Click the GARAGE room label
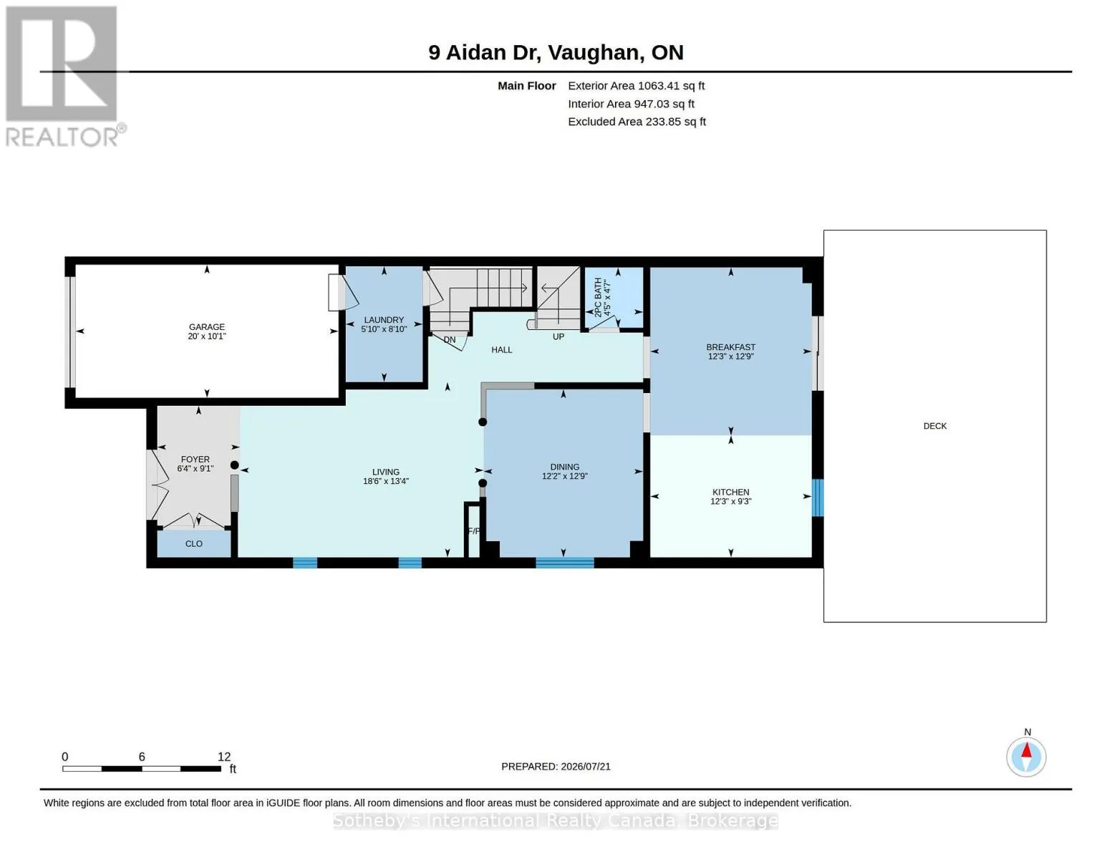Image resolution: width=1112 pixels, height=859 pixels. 207,326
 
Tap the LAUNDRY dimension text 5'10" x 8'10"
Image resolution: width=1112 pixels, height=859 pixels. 384,329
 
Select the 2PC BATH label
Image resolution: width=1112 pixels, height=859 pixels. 598,297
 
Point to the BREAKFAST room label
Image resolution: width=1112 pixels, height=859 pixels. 730,347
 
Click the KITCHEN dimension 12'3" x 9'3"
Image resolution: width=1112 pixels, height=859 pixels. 730,501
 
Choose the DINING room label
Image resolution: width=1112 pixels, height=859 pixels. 564,467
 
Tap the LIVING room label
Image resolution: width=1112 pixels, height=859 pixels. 386,472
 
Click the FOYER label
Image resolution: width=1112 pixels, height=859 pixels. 195,460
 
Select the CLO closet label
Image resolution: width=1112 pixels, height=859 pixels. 193,543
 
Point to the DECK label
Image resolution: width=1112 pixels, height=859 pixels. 934,426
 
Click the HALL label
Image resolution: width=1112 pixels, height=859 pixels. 501,349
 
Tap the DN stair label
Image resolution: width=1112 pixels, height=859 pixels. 449,339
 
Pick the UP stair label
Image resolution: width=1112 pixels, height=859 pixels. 558,336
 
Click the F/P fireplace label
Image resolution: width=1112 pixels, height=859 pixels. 474,531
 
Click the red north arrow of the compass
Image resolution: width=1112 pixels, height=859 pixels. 1026,750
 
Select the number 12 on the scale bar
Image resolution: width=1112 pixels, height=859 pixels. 224,757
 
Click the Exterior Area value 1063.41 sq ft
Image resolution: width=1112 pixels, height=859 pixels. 670,85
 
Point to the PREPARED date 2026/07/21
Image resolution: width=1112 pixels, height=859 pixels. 586,767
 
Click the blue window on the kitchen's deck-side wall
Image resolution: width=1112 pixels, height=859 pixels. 818,498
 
